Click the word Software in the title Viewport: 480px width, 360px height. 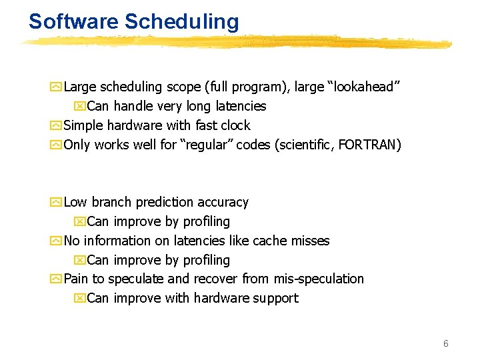(73, 21)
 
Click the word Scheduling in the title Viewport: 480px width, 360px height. (181, 23)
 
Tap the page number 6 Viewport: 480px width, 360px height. (446, 343)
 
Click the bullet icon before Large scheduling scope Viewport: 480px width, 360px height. (57, 87)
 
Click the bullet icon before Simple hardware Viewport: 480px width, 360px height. (57, 125)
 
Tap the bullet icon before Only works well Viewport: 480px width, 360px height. (57, 145)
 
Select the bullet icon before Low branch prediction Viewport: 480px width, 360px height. (57, 202)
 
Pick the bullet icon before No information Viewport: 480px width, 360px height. (57, 241)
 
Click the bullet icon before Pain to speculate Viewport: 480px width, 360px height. (57, 279)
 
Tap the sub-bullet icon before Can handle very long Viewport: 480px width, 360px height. (80, 106)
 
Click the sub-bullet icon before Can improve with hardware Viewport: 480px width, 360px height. (80, 298)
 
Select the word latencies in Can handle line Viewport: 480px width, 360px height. (240, 106)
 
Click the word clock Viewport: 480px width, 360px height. (235, 125)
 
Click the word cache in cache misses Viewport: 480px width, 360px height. (263, 241)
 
